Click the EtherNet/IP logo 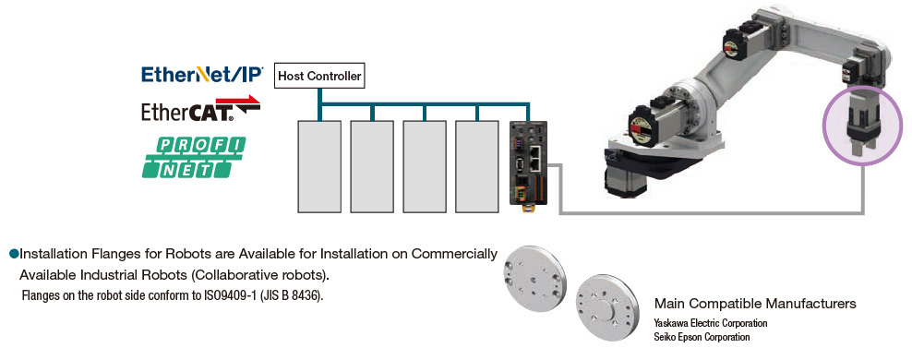202,74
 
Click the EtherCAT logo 200,111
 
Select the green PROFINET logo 193,156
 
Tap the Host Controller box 319,75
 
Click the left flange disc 534,276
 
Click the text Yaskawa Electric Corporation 711,323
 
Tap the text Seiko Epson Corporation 702,337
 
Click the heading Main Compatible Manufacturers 755,304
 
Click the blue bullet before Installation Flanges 14,252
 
